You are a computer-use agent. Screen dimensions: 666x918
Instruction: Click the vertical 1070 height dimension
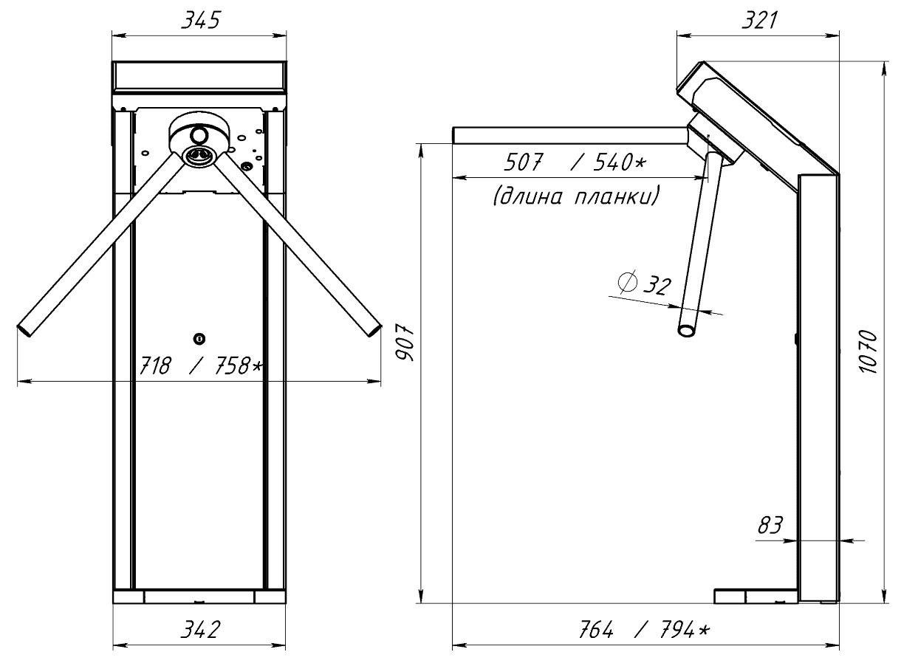pyautogui.click(x=871, y=352)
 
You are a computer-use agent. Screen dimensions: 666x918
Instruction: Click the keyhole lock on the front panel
pyautogui.click(x=199, y=338)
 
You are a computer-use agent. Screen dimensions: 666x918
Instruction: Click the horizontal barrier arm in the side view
pyautogui.click(x=569, y=134)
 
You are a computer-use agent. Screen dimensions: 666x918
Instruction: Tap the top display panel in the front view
pyautogui.click(x=199, y=78)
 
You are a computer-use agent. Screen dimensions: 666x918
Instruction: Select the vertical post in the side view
pyautogui.click(x=818, y=384)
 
